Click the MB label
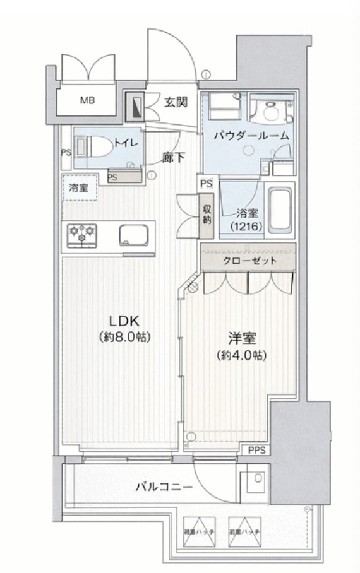87,100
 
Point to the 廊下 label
173,158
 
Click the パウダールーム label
251,135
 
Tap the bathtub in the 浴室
279,210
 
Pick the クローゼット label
249,260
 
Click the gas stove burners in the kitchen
81,235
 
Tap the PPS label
256,450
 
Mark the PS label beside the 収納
205,183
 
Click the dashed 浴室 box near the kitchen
79,187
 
